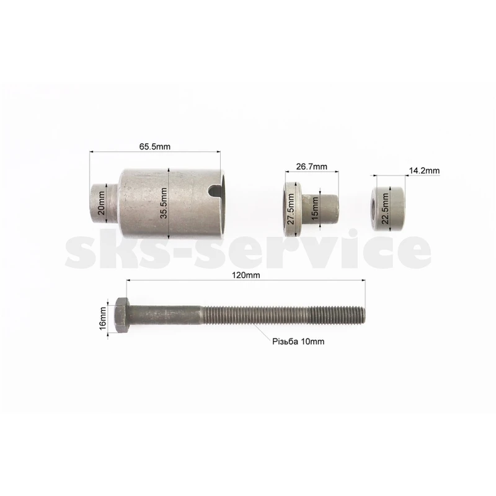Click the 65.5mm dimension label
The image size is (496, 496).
(154, 147)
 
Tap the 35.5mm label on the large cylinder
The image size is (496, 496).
(164, 203)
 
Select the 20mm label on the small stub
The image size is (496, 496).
(101, 203)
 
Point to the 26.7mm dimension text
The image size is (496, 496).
(312, 167)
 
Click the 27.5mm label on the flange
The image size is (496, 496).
(291, 209)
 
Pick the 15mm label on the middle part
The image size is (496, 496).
(314, 208)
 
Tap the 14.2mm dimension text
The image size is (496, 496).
(424, 171)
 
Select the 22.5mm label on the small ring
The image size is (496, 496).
(385, 208)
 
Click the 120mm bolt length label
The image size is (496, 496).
(246, 275)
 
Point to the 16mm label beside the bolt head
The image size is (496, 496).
(103, 318)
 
